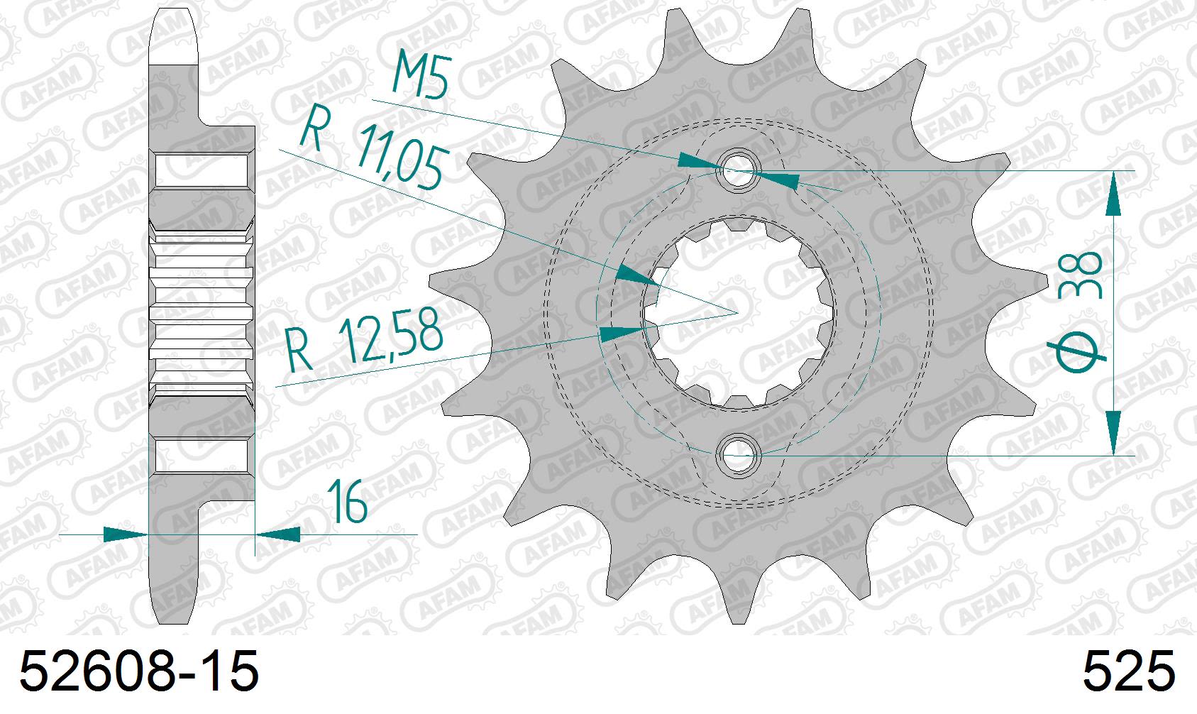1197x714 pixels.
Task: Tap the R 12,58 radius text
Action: coord(365,342)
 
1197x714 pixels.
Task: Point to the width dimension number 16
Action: coord(348,502)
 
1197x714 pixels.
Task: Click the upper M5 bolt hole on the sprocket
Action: coord(738,171)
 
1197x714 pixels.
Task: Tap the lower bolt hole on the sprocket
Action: coord(738,454)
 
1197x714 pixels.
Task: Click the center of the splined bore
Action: coord(738,313)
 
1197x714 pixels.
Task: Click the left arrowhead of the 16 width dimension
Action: coord(124,534)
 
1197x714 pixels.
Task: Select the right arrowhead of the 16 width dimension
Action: coord(278,534)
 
